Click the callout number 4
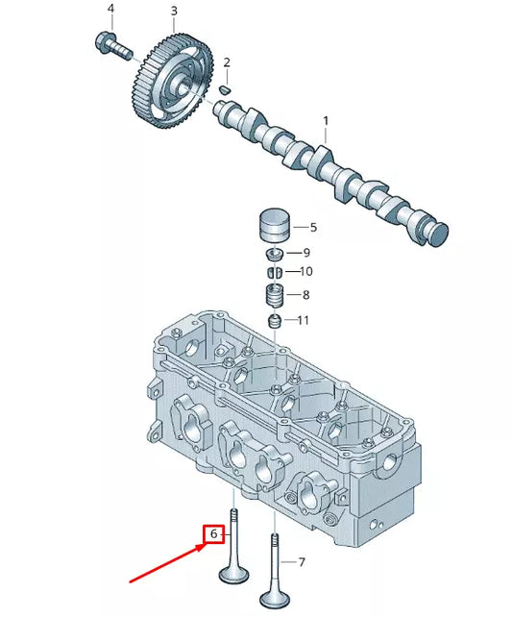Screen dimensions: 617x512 point(110,10)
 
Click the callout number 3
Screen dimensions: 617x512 point(174,12)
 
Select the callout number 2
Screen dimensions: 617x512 point(227,63)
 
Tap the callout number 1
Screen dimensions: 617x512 point(326,121)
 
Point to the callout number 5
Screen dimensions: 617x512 point(312,228)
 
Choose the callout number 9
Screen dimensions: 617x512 point(306,253)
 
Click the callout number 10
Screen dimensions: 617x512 point(306,272)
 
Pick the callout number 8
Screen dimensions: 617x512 point(306,295)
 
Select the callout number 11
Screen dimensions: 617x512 point(304,320)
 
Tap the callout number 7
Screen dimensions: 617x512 point(302,561)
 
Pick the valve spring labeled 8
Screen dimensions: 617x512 point(275,293)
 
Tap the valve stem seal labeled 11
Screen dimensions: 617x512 point(275,320)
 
